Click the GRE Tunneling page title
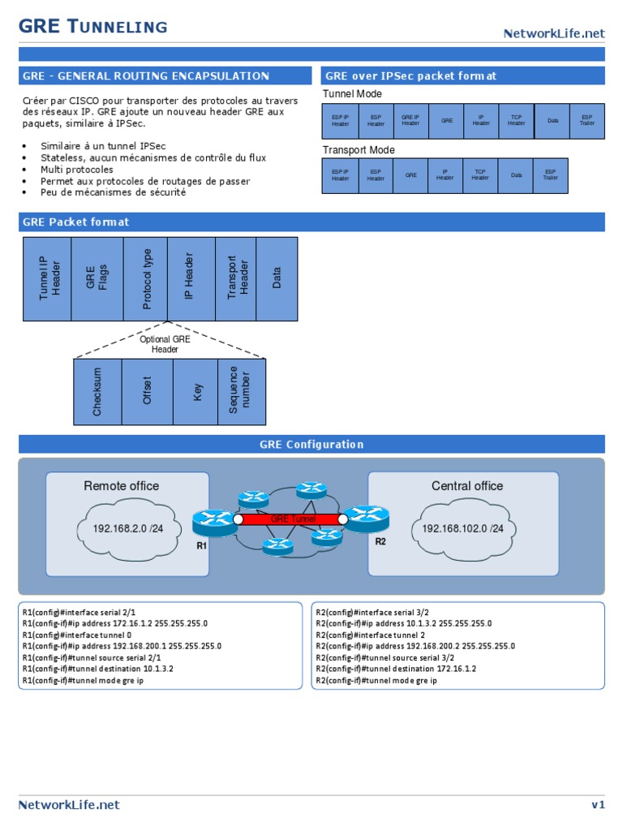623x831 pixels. coord(93,27)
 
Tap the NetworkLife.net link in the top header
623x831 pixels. coord(554,33)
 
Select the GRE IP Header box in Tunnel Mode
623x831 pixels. coord(411,121)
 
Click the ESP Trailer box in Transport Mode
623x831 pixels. coord(550,175)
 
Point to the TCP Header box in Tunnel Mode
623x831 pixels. coord(516,121)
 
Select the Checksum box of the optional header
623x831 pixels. coord(97,392)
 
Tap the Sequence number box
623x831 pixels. coord(242,392)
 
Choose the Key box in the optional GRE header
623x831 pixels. coord(195,392)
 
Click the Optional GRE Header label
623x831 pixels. coord(165,344)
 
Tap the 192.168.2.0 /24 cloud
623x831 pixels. coord(127,528)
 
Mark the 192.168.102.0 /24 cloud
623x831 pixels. coord(462,528)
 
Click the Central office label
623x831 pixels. coord(466,486)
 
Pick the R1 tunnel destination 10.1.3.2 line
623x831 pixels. coord(98,669)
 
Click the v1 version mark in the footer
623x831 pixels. coord(598,804)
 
